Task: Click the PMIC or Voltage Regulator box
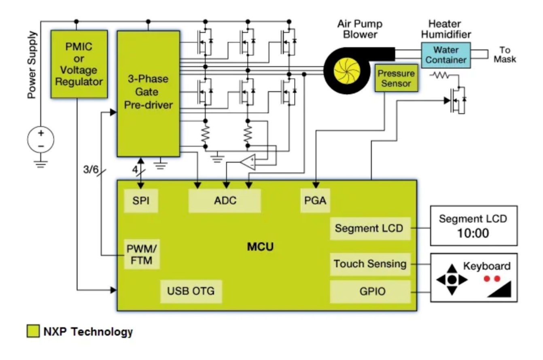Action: (x=79, y=64)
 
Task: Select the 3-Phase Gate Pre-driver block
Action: (x=148, y=93)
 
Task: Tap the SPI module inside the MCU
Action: (x=141, y=201)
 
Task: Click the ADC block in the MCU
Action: (x=225, y=201)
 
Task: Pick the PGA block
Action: (x=315, y=201)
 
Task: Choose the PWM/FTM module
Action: (x=142, y=254)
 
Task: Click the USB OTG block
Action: (x=191, y=291)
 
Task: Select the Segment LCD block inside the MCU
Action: (x=369, y=228)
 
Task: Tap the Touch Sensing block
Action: (x=369, y=264)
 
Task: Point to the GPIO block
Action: (x=369, y=291)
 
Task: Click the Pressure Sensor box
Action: (x=396, y=78)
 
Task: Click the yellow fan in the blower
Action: (x=347, y=70)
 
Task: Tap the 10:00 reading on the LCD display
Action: (x=473, y=233)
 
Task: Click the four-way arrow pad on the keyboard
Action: (x=452, y=279)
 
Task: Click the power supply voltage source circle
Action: (x=40, y=139)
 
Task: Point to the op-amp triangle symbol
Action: (x=247, y=162)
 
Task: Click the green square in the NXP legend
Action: (x=33, y=332)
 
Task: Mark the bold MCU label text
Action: (x=260, y=246)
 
